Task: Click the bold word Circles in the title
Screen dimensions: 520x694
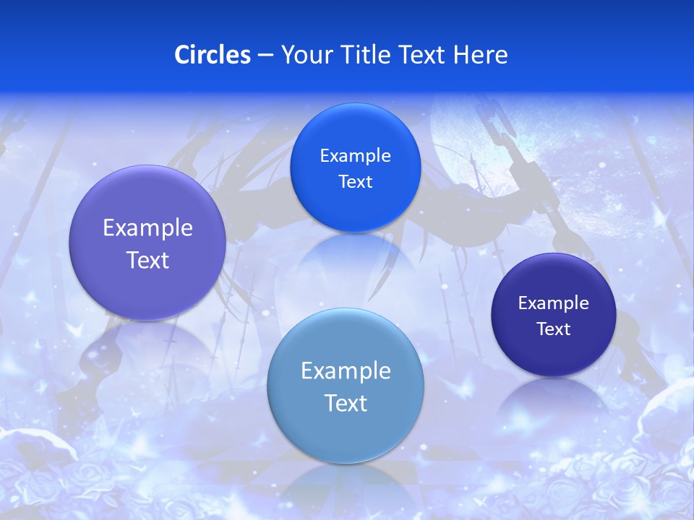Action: [212, 55]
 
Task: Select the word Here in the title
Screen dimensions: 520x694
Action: [480, 55]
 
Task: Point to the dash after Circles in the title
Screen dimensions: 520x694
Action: [265, 56]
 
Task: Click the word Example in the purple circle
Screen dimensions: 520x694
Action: [147, 228]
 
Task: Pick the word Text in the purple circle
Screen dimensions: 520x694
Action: [147, 260]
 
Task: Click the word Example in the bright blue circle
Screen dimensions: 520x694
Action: [355, 156]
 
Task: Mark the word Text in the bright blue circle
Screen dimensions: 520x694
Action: [355, 182]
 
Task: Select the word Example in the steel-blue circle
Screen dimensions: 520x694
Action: [346, 371]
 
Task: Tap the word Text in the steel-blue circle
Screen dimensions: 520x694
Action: [346, 403]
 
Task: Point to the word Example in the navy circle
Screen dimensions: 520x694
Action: [554, 303]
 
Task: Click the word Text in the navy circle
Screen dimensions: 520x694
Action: [554, 329]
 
